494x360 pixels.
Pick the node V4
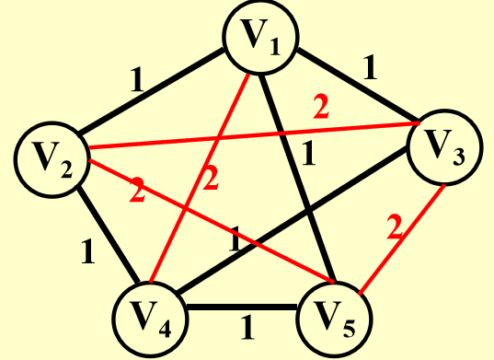151,319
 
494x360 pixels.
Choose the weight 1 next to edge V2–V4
87,250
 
